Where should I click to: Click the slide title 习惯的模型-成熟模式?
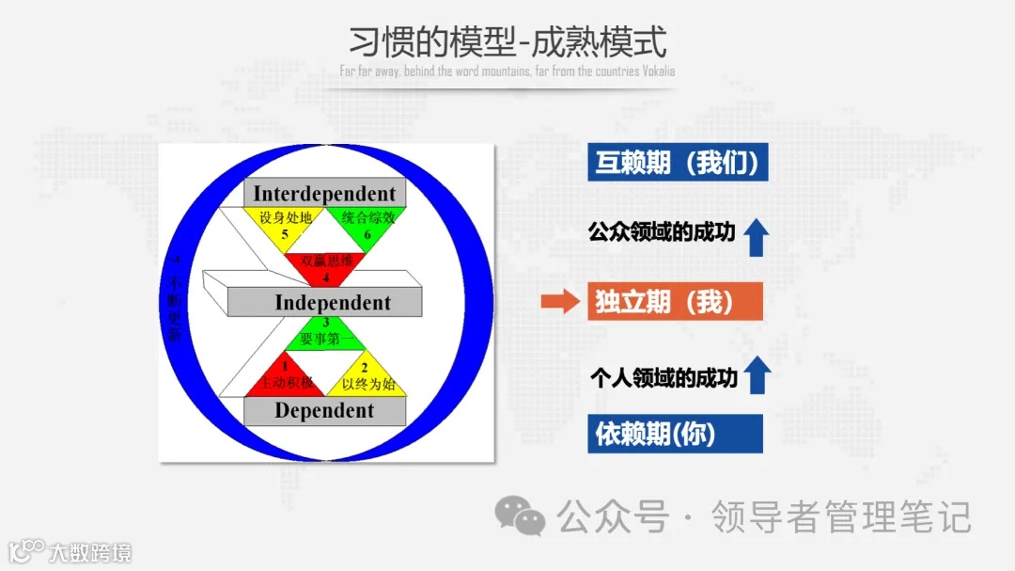point(507,42)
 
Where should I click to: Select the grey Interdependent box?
point(324,193)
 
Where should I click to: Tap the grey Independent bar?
point(332,302)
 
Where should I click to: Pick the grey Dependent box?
point(324,411)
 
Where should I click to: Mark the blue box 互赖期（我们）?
point(678,162)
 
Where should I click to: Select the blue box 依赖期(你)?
point(675,434)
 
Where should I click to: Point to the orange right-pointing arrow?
point(561,302)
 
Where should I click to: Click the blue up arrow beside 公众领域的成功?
point(757,237)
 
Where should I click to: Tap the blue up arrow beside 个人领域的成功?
point(757,375)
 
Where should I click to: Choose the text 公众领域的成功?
point(662,231)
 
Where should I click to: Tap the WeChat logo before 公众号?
point(520,515)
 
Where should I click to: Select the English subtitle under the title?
point(507,71)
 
